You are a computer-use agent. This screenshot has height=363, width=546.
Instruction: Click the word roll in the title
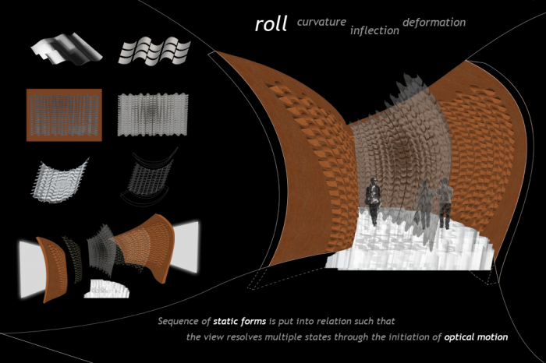click(x=271, y=24)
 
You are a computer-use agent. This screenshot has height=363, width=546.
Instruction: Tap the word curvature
click(x=321, y=22)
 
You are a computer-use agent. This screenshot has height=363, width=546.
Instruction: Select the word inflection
click(x=374, y=30)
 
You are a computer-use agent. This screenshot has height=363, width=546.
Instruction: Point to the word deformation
click(x=434, y=23)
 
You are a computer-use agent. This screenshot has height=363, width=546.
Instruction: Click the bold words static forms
click(x=239, y=321)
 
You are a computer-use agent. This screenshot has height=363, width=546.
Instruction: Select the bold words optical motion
click(x=476, y=337)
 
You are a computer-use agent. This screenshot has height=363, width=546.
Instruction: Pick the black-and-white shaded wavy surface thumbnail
click(x=66, y=48)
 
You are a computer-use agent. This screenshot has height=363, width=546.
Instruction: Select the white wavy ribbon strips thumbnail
click(x=154, y=51)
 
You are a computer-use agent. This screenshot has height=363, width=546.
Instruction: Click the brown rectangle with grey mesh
click(x=64, y=115)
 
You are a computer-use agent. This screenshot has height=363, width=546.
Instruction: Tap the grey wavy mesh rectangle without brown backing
click(x=153, y=115)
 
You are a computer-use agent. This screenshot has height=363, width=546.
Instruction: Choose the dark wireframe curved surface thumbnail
click(x=148, y=178)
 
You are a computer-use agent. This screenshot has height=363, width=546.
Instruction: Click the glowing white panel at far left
click(x=32, y=270)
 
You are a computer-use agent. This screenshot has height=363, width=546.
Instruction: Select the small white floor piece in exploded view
click(x=107, y=289)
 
